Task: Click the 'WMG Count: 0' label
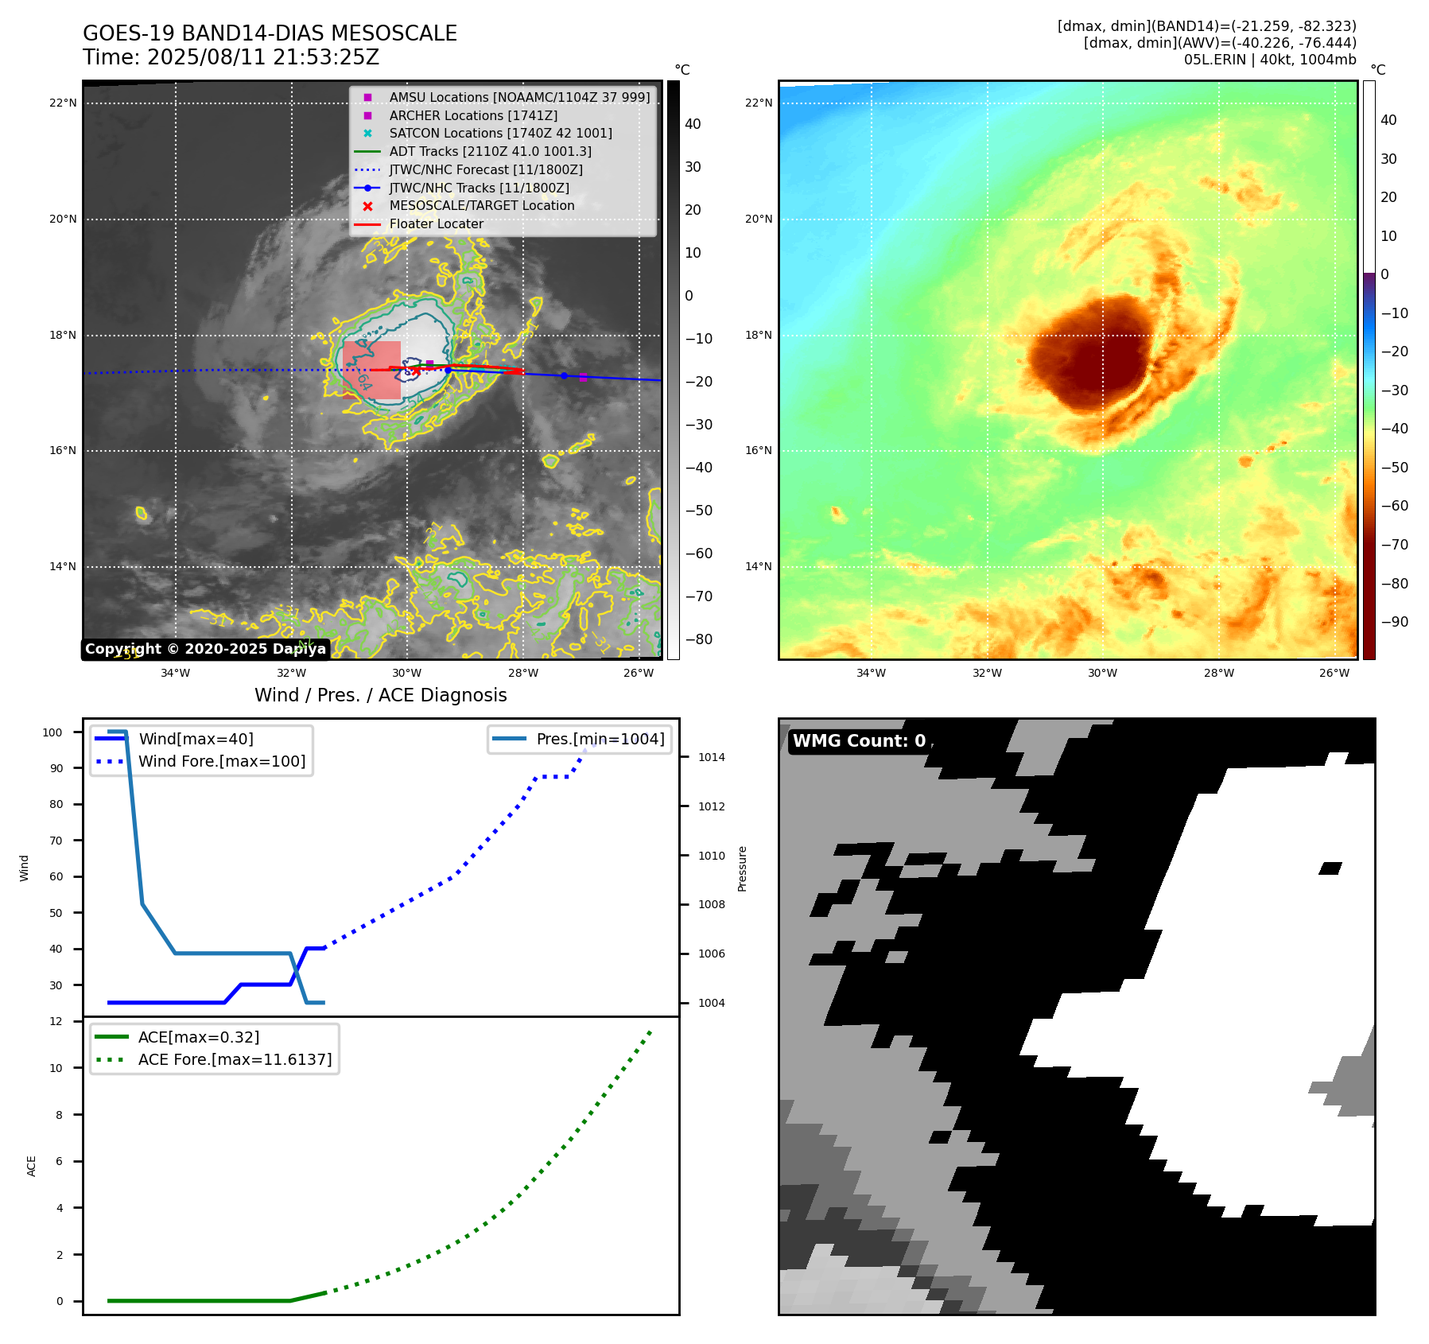point(859,741)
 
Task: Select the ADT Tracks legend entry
point(490,151)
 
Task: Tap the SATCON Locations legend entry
point(500,133)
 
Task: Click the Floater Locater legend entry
point(436,224)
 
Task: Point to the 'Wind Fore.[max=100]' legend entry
point(222,761)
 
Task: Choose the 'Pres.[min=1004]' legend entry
point(600,739)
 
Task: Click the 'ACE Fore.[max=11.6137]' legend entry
point(235,1059)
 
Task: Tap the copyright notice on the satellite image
point(205,649)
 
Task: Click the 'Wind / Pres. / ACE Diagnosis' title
point(380,695)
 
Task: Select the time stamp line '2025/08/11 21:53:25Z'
point(231,58)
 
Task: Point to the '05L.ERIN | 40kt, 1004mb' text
point(1269,60)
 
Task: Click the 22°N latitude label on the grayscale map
point(63,103)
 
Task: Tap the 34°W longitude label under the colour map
point(871,673)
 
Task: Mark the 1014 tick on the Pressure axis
point(712,757)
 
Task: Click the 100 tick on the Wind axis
point(52,732)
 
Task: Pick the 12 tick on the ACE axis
point(56,1021)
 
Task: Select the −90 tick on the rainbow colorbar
point(1394,622)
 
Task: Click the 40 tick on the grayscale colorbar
point(693,124)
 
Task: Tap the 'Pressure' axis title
point(742,868)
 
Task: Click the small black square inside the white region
point(1330,868)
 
